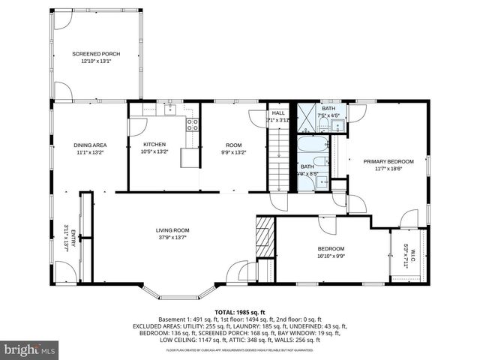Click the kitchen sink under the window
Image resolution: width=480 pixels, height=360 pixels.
pyautogui.click(x=169, y=110)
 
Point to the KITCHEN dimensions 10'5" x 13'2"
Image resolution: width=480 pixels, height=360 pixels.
pyautogui.click(x=155, y=151)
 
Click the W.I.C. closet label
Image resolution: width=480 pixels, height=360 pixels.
pyautogui.click(x=406, y=256)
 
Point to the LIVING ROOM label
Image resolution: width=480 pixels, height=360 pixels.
pyautogui.click(x=172, y=233)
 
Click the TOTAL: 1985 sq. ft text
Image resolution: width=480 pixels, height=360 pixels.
pyautogui.click(x=240, y=311)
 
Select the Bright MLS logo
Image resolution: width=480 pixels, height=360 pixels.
pyautogui.click(x=28, y=349)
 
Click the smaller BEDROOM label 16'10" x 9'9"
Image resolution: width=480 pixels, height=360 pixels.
pyautogui.click(x=330, y=252)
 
